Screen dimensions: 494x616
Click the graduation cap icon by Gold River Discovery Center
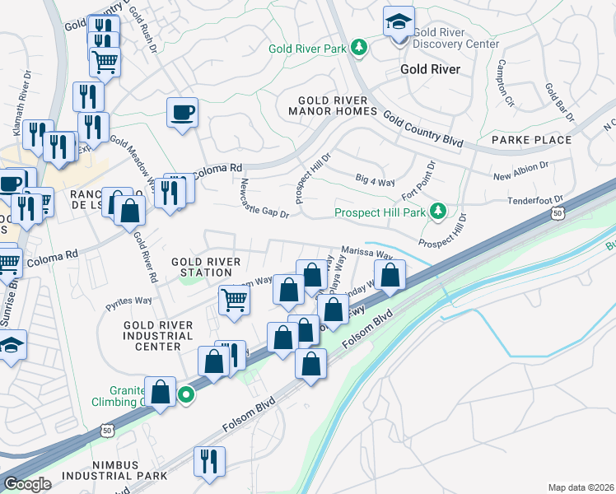[399, 22]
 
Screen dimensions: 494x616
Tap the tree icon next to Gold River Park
[358, 49]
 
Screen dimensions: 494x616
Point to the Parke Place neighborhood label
[531, 140]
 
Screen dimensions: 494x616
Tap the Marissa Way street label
[366, 254]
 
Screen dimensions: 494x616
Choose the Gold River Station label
[206, 267]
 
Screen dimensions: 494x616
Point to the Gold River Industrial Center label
[158, 336]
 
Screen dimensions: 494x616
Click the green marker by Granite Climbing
[187, 395]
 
